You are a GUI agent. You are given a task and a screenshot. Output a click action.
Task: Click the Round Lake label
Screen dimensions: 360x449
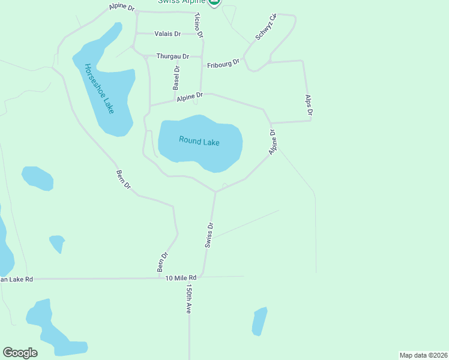pos(199,142)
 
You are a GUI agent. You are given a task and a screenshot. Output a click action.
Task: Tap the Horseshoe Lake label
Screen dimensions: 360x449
pos(99,89)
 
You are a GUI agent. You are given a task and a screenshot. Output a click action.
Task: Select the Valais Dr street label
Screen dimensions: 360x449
pos(167,34)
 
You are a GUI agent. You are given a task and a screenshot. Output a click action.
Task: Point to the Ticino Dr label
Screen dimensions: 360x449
pos(199,28)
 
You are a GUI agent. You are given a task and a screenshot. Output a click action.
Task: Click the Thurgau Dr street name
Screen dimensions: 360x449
pos(172,56)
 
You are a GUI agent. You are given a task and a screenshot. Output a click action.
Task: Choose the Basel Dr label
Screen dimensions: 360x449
pos(176,78)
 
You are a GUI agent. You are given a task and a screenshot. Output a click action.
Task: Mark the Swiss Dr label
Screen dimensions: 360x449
pos(209,235)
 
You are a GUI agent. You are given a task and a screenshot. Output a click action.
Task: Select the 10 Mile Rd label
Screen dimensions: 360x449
pos(181,278)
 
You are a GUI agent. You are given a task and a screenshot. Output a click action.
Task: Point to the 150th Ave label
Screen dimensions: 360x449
pos(188,299)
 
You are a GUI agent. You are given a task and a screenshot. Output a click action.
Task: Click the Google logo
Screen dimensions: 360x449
pos(20,353)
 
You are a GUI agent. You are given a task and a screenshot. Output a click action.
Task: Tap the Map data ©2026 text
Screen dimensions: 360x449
pos(423,355)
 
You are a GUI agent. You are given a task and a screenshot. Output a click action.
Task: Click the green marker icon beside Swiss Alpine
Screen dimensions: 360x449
pos(214,2)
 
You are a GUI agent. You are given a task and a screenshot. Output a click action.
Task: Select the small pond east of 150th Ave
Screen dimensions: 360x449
pos(259,321)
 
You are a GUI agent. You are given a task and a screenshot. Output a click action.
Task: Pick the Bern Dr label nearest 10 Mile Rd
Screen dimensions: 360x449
pos(162,262)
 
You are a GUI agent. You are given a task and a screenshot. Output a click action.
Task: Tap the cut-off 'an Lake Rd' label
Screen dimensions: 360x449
pos(17,279)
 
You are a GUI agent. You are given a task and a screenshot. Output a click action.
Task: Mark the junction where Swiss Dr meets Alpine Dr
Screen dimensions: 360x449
pos(215,193)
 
